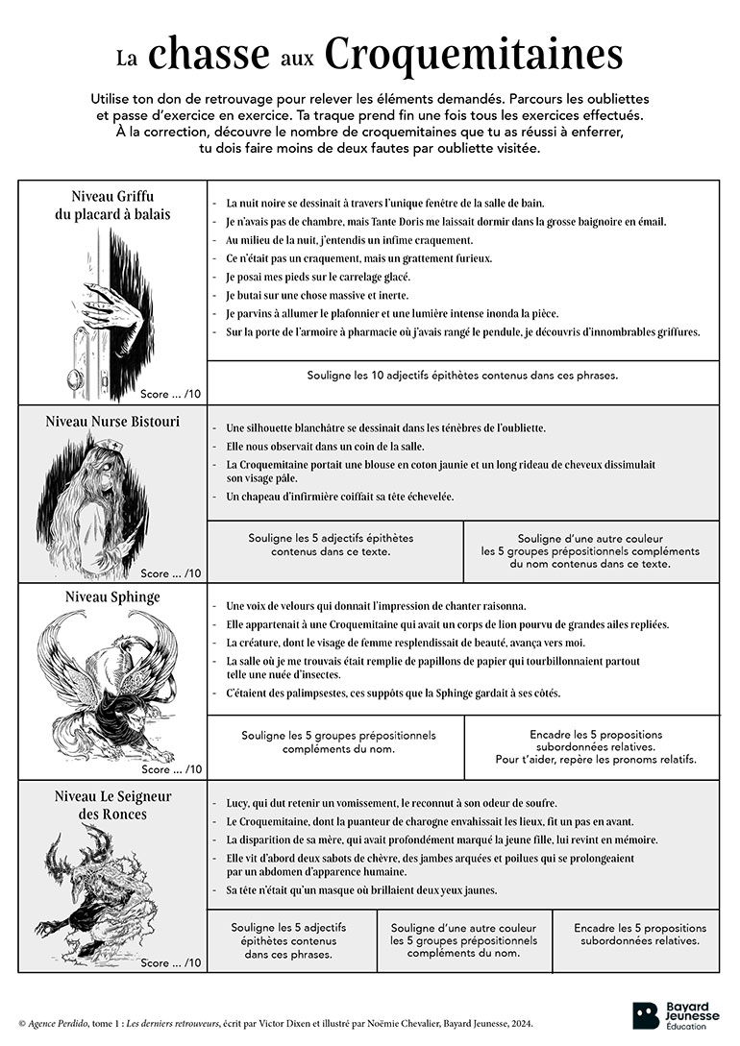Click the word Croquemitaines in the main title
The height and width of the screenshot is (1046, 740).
pyautogui.click(x=473, y=55)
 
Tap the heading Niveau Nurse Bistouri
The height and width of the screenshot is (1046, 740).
pyautogui.click(x=111, y=422)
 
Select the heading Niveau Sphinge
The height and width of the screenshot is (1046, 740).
pyautogui.click(x=112, y=597)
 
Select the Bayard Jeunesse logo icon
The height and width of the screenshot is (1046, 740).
pyautogui.click(x=646, y=1014)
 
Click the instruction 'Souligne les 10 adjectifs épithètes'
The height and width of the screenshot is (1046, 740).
pyautogui.click(x=462, y=375)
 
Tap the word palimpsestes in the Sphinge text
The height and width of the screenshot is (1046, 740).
pyautogui.click(x=306, y=693)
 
